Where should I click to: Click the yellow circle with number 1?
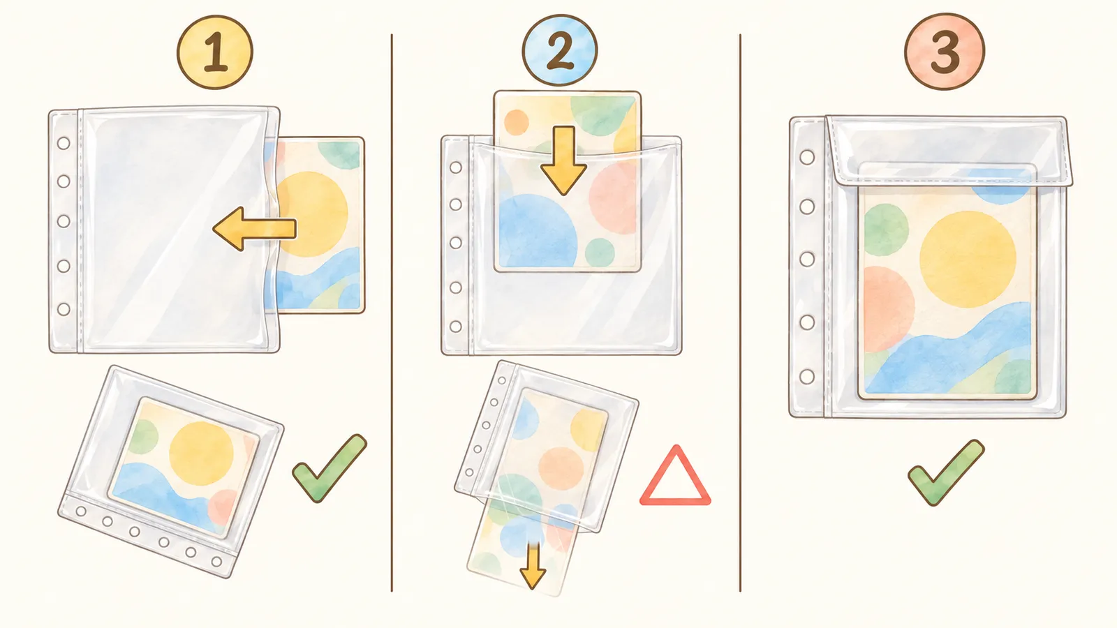(215, 52)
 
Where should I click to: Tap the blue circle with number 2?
(559, 50)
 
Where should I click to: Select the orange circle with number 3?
(945, 52)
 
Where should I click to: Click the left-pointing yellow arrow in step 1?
(254, 229)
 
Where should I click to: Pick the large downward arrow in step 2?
(563, 160)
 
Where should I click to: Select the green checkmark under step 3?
(946, 472)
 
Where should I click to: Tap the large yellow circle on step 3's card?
(968, 259)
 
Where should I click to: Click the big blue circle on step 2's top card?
(538, 231)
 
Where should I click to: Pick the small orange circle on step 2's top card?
(516, 122)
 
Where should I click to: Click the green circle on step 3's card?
(886, 230)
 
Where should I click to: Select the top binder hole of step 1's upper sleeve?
(64, 144)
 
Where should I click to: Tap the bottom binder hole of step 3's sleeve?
(807, 376)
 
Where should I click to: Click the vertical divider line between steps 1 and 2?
(392, 313)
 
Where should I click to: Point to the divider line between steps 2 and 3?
(740, 313)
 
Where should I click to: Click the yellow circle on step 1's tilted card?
(202, 453)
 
